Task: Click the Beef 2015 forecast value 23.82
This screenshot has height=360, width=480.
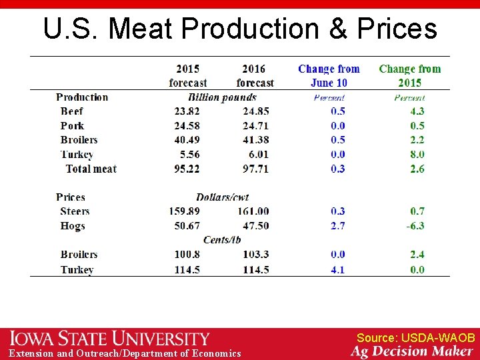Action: [x=187, y=111]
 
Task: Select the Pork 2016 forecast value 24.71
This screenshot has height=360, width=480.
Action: [x=255, y=126]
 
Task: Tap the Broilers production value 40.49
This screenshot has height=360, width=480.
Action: [x=187, y=140]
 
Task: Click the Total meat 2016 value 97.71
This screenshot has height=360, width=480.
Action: [x=255, y=169]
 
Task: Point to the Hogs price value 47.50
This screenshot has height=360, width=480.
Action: [x=255, y=226]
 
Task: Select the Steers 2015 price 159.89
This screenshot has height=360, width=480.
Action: [x=185, y=211]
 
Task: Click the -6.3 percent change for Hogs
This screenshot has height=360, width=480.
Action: [x=415, y=226]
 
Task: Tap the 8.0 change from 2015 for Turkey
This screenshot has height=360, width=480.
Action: [x=417, y=155]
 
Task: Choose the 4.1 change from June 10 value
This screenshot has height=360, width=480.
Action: [x=338, y=270]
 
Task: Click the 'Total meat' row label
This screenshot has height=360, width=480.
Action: [x=91, y=169]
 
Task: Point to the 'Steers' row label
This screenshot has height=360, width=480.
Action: [x=75, y=211]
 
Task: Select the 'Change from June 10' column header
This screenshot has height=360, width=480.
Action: [x=329, y=75]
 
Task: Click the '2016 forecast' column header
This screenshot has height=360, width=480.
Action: [x=255, y=75]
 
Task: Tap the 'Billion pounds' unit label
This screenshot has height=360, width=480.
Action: [x=222, y=97]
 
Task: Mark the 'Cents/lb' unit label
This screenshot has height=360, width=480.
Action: [x=222, y=240]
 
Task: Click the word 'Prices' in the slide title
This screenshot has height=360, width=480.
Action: [x=397, y=29]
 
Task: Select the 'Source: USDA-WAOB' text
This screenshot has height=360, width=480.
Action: [x=415, y=338]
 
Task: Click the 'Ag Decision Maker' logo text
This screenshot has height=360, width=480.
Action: [x=412, y=351]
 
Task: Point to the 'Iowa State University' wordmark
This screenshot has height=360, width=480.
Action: [x=109, y=339]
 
